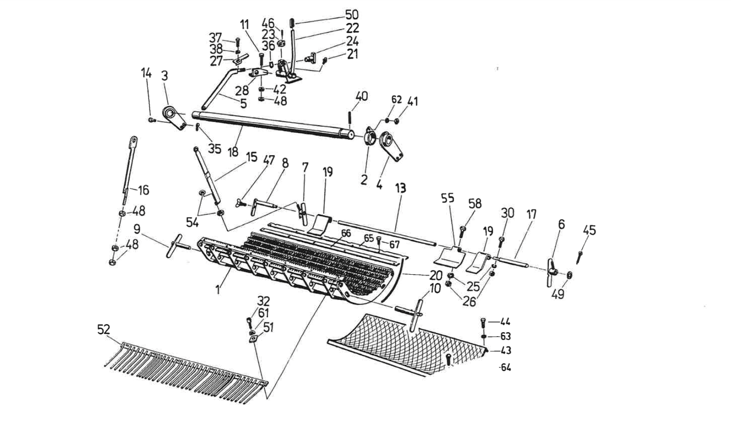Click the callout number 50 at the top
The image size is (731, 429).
coord(352,15)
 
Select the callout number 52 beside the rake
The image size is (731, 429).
coord(104,329)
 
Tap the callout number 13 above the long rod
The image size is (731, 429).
coord(401,188)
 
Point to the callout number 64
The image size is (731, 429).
coord(506,367)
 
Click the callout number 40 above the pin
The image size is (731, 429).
coord(362,96)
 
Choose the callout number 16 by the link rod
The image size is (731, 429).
coord(143,190)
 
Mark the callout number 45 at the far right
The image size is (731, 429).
coord(589,230)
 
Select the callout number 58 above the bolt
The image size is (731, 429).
coord(475,203)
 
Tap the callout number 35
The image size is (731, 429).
coord(214,149)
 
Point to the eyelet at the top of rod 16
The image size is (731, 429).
coord(134,140)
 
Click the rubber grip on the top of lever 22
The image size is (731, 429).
coord(292,23)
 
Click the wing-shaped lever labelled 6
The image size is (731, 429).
coord(552,271)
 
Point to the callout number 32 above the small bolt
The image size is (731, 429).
coord(264,301)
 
